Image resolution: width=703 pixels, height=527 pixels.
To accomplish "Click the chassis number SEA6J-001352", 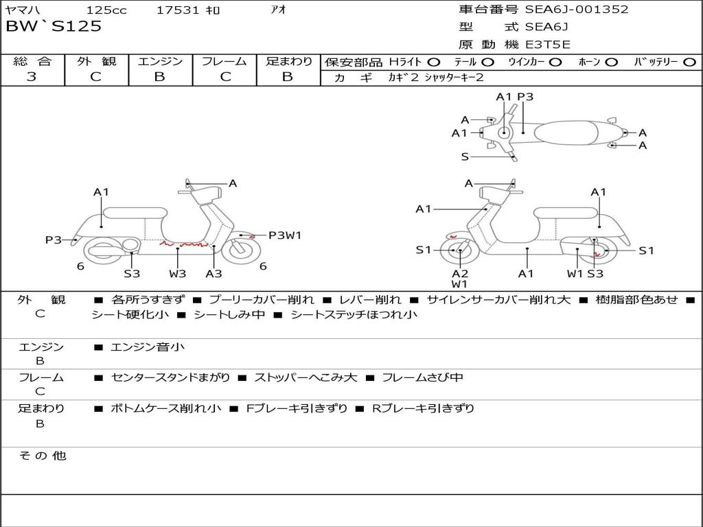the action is click(x=577, y=10).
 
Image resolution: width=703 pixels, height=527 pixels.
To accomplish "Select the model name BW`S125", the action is click(x=54, y=27).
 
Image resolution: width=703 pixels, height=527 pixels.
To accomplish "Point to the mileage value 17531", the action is click(x=178, y=10).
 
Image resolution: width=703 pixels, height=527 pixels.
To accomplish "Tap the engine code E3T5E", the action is click(x=548, y=45).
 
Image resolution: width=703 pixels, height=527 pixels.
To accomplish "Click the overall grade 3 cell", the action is click(x=32, y=77).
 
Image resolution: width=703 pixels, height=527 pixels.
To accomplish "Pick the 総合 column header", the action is click(x=32, y=61).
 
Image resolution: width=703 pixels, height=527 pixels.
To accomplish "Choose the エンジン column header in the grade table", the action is click(x=160, y=61).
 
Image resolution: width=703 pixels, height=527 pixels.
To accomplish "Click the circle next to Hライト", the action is click(x=433, y=62).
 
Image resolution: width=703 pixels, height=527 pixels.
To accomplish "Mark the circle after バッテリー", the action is click(x=689, y=62).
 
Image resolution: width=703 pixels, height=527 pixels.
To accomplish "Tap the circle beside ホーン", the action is click(x=612, y=62).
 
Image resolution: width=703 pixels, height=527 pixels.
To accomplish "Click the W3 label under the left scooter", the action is click(x=178, y=273).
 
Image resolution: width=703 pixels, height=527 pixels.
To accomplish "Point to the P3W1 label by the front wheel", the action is click(x=284, y=235).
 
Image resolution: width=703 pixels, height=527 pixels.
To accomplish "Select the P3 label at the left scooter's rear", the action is click(x=54, y=239).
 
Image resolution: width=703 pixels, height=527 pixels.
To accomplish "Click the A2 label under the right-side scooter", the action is click(x=459, y=273).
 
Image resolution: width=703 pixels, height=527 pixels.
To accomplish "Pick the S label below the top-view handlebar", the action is click(x=465, y=156).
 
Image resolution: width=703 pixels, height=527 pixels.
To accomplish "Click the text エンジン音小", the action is click(x=148, y=347).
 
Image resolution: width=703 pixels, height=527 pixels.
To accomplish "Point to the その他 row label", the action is click(x=42, y=455).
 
